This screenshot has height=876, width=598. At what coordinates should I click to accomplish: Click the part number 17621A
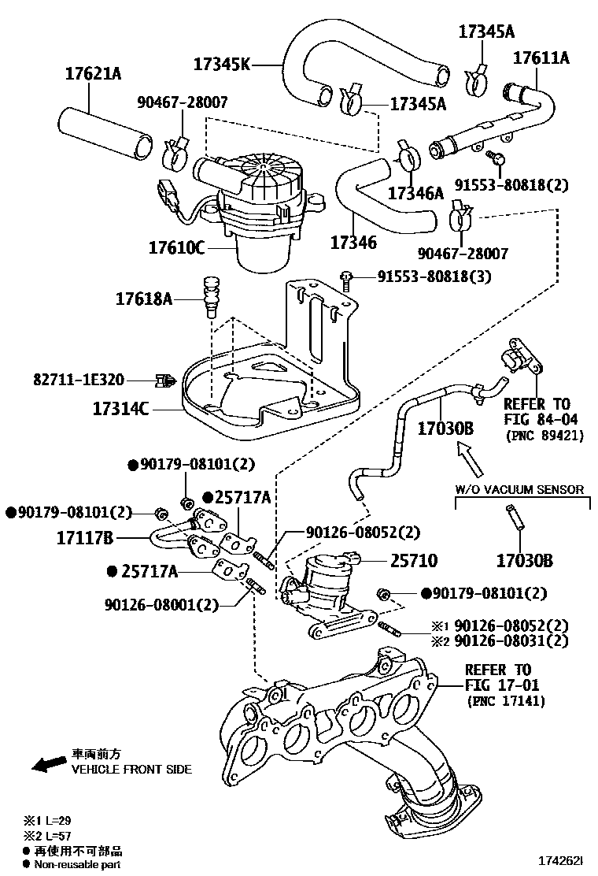[x=93, y=74]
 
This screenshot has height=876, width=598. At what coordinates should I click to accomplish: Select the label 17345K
[x=221, y=64]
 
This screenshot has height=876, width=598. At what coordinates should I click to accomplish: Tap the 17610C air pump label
[x=177, y=247]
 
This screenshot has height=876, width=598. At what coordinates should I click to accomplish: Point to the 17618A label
[x=144, y=299]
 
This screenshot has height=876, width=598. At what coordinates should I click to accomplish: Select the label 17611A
[x=541, y=58]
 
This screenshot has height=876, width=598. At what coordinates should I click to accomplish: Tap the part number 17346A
[x=415, y=192]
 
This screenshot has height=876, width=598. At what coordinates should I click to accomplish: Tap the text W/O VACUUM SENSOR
[x=519, y=489]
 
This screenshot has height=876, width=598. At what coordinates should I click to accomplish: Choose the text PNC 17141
[x=505, y=700]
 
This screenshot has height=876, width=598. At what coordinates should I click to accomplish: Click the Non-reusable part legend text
[x=76, y=865]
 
